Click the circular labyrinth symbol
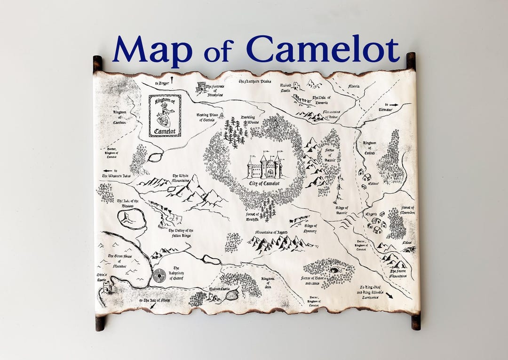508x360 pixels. pyautogui.click(x=159, y=275)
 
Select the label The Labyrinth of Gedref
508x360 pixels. pyautogui.click(x=176, y=273)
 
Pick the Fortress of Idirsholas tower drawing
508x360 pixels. pyautogui.click(x=202, y=88)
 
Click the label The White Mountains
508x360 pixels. pyautogui.click(x=181, y=178)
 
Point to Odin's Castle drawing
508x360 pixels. pyautogui.click(x=107, y=285)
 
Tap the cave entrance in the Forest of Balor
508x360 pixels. pyautogui.click(x=334, y=270)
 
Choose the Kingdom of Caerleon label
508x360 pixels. pyautogui.click(x=119, y=117)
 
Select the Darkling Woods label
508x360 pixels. pyautogui.click(x=250, y=120)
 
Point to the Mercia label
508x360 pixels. pyautogui.click(x=354, y=87)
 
